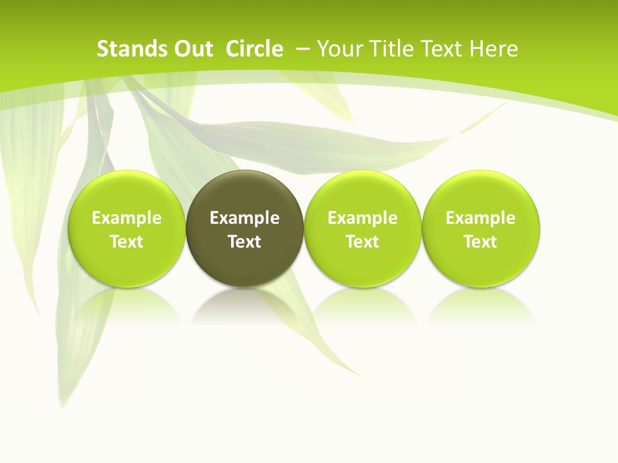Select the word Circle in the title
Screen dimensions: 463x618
[254, 49]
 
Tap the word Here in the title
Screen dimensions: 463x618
[493, 49]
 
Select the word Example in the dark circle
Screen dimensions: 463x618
[245, 218]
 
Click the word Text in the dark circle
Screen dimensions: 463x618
[245, 242]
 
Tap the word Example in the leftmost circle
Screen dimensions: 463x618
[126, 218]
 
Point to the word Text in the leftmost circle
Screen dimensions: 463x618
[126, 242]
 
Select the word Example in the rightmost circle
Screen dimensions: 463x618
[481, 218]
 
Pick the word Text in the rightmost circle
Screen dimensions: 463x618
[481, 242]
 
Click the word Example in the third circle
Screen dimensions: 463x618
[362, 218]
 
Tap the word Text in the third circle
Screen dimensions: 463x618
[362, 242]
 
